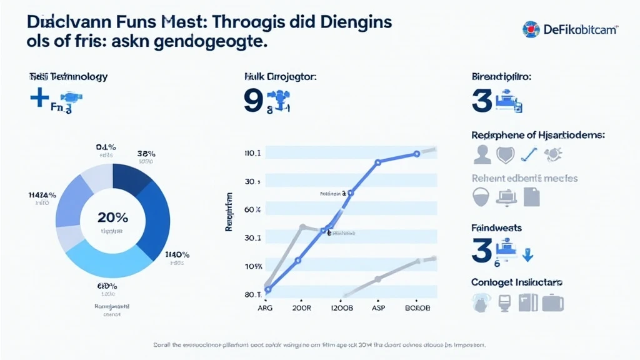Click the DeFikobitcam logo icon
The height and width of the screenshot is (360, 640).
[x=531, y=29]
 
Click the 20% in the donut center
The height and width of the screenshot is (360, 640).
[x=112, y=217]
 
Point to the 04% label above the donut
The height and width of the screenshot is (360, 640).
[x=106, y=147]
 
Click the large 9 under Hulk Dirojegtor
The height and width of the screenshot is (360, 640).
[x=253, y=101]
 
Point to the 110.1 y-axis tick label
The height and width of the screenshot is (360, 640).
[x=252, y=153]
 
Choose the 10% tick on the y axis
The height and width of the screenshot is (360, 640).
[x=252, y=267]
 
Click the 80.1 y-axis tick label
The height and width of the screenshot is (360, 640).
[x=252, y=294]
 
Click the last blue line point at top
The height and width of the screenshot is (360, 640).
[x=416, y=154]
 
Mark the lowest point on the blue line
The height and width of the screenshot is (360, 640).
[x=267, y=289]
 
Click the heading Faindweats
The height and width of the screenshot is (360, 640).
[x=496, y=228]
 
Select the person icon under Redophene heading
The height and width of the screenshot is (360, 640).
[x=482, y=154]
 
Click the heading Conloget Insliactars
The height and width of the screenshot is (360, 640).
[x=517, y=282]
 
